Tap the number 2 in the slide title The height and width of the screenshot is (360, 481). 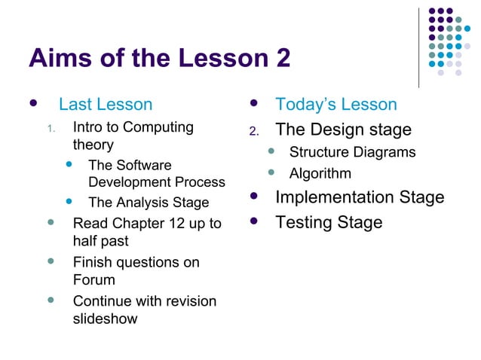[282, 57]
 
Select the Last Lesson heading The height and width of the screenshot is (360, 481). [106, 105]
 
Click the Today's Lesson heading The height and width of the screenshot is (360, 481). [335, 105]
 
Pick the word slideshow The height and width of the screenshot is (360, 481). [105, 319]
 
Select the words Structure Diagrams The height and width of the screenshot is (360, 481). [352, 152]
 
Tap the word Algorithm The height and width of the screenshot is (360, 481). [320, 174]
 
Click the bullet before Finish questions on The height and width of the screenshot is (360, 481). [51, 261]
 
